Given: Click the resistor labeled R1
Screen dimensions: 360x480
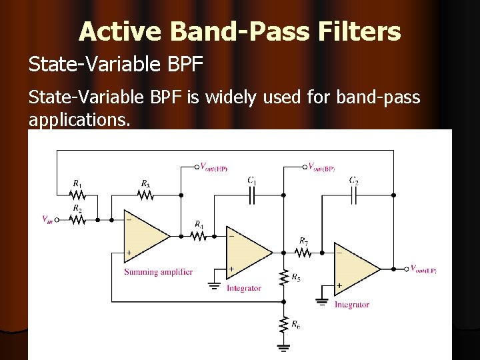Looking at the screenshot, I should (x=78, y=195).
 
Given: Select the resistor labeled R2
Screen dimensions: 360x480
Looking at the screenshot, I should (x=78, y=219).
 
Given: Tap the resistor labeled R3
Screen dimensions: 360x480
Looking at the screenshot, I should (x=145, y=195).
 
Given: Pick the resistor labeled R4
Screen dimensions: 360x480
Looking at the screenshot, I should (x=199, y=235).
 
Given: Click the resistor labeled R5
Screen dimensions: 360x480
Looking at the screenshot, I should (x=284, y=277).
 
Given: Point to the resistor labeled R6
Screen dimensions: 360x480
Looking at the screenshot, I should (x=284, y=324).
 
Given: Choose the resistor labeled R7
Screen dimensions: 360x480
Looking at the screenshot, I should (x=303, y=253).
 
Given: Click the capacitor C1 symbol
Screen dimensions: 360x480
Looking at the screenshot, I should (x=253, y=195).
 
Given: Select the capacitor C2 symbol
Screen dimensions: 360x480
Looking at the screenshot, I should (x=355, y=195).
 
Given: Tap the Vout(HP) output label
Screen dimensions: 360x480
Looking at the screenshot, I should (x=213, y=167).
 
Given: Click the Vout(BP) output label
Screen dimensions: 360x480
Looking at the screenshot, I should (x=321, y=167).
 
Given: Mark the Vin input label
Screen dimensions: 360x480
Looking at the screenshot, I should (x=47, y=219).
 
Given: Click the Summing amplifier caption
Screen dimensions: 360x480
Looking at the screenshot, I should (x=158, y=271).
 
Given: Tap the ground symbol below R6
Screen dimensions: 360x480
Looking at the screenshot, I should (x=284, y=347).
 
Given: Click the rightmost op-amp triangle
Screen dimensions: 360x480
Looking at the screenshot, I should (x=355, y=269).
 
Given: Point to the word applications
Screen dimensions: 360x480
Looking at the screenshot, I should (x=77, y=120).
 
